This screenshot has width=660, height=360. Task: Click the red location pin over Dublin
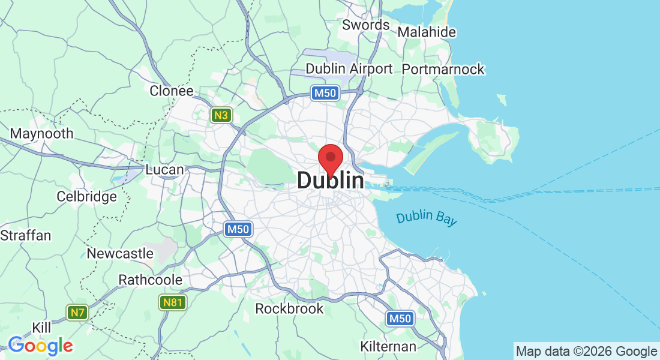pos(330,157)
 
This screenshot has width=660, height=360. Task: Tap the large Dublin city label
pos(330,181)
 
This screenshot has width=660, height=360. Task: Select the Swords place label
pos(365,25)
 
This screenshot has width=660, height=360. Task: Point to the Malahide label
pos(427,32)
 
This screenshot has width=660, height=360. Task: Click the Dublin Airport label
pos(349,69)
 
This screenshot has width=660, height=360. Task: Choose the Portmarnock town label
pos(443,70)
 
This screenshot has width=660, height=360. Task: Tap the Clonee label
pos(172,91)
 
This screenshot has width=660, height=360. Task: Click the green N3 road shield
pos(221,115)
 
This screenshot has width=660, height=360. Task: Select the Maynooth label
pos(42,134)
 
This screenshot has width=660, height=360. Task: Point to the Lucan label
pos(164,170)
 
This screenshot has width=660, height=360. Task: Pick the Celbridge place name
pos(86,197)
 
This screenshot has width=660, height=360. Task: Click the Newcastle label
pos(120,254)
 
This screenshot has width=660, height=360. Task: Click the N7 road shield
pos(77,312)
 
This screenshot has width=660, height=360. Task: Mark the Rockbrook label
pos(289,309)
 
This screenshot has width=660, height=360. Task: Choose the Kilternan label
pos(388,346)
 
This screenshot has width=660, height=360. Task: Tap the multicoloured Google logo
pos(40,346)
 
